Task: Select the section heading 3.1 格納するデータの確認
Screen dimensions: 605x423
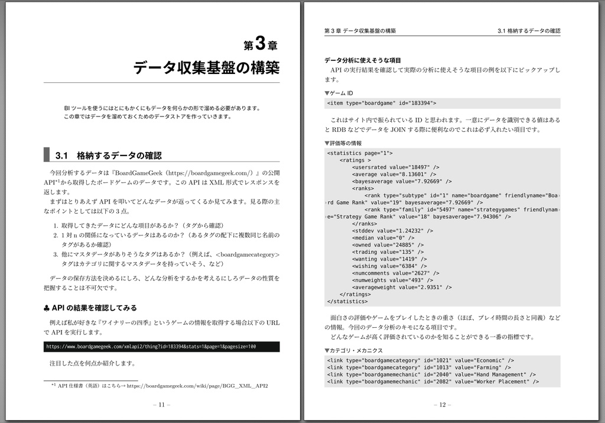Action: pyautogui.click(x=108, y=156)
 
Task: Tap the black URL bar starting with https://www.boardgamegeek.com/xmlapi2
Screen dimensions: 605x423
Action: pyautogui.click(x=161, y=347)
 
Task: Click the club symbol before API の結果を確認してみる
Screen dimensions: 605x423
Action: pyautogui.click(x=47, y=308)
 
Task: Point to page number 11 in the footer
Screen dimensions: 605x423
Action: pyautogui.click(x=161, y=405)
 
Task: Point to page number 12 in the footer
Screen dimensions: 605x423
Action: pyautogui.click(x=442, y=405)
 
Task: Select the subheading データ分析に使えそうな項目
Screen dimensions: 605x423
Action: pyautogui.click(x=363, y=60)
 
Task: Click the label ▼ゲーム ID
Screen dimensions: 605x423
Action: pyautogui.click(x=339, y=93)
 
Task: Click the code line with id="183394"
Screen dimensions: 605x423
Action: pyautogui.click(x=378, y=103)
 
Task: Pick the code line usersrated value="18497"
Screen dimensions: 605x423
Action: pyautogui.click(x=395, y=167)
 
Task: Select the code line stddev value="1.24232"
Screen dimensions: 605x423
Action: pyautogui.click(x=392, y=231)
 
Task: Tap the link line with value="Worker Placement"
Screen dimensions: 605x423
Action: pyautogui.click(x=432, y=382)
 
